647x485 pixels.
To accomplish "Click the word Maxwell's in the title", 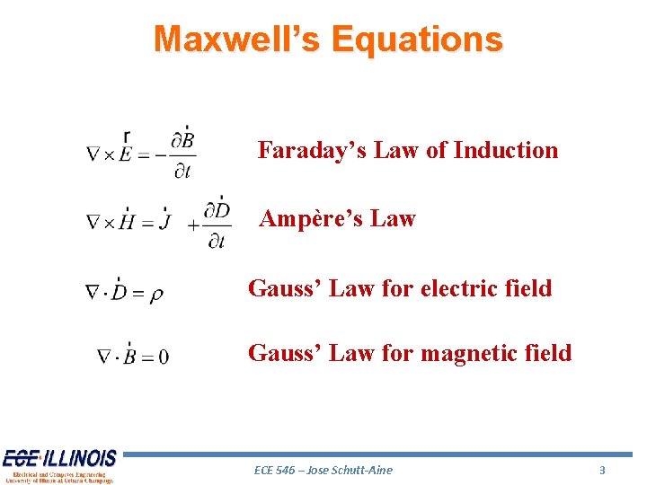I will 236,39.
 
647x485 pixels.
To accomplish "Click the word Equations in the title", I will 416,39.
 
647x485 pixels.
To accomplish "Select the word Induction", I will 506,150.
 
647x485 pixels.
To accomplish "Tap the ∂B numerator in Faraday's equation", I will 183,140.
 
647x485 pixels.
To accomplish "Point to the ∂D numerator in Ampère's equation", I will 217,210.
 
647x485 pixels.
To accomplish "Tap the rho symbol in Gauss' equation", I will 156,294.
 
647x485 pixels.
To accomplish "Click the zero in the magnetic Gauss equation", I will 163,357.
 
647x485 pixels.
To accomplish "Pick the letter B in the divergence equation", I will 129,357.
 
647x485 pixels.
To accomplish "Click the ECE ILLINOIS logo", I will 58,465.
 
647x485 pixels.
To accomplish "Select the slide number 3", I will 602,470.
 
